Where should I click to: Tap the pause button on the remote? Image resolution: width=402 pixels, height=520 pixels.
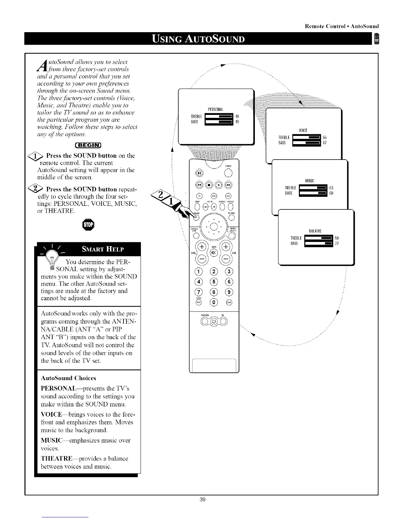coord(200,173)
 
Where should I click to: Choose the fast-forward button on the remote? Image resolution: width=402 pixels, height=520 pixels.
coord(229,184)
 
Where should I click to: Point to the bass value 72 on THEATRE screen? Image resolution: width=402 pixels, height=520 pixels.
coord(337,243)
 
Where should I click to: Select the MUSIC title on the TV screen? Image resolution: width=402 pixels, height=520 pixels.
coord(310,181)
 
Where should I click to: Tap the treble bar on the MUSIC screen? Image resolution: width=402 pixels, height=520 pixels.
coord(314,188)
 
